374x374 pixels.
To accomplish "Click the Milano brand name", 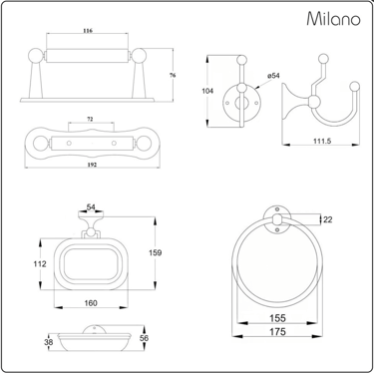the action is [333, 18].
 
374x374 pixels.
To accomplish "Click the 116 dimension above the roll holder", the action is [88, 31].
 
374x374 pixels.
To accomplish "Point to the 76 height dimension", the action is [173, 75].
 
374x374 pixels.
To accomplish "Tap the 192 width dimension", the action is [92, 165].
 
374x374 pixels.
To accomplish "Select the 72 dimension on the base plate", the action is [90, 119].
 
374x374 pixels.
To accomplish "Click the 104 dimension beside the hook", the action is [207, 91].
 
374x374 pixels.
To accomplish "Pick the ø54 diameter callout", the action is [273, 76].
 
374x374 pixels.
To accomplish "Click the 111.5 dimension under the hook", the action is [322, 141].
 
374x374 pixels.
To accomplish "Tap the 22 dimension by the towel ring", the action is [328, 219].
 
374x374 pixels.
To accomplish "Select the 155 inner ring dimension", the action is [277, 318].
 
